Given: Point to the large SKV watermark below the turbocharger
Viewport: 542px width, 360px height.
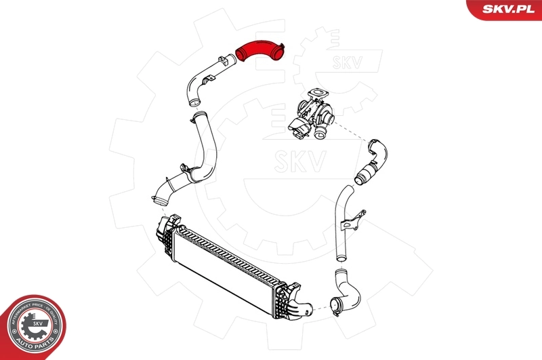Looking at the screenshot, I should (x=301, y=161).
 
